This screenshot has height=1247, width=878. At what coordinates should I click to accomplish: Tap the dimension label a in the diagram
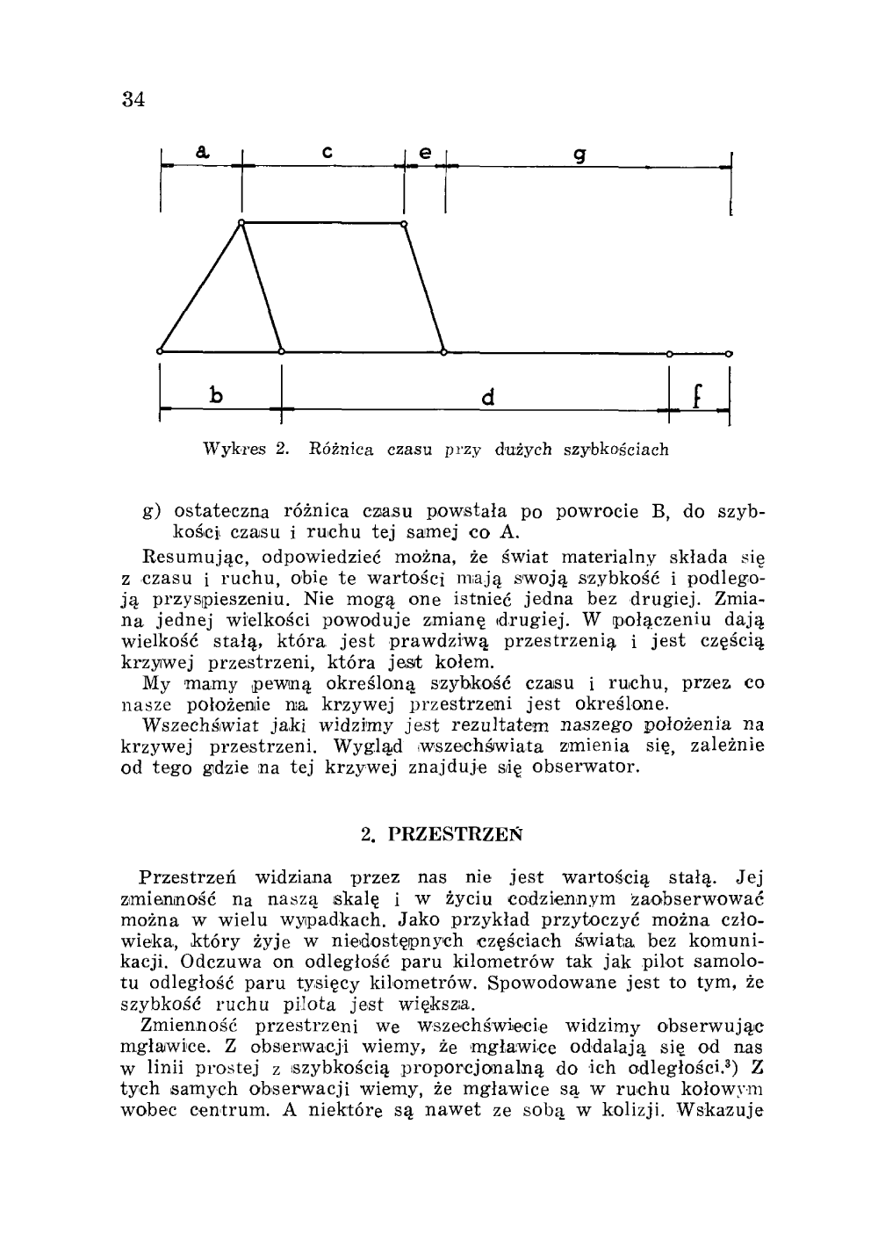pyautogui.click(x=202, y=152)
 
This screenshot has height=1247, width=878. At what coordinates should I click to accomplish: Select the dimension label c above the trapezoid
pyautogui.click(x=325, y=153)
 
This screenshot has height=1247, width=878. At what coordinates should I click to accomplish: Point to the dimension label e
pyautogui.click(x=424, y=152)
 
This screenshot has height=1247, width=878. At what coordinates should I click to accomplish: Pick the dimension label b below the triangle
pyautogui.click(x=214, y=395)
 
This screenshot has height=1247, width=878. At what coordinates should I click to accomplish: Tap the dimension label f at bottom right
pyautogui.click(x=696, y=395)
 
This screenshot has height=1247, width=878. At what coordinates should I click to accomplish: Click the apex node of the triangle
pyautogui.click(x=241, y=223)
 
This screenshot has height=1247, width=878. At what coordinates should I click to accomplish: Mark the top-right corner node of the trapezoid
pyautogui.click(x=404, y=225)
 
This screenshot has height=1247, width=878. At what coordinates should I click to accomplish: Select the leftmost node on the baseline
pyautogui.click(x=161, y=351)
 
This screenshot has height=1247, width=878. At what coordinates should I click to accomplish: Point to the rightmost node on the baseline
pyautogui.click(x=730, y=353)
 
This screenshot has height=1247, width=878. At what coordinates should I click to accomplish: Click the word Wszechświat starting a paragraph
pyautogui.click(x=190, y=725)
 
